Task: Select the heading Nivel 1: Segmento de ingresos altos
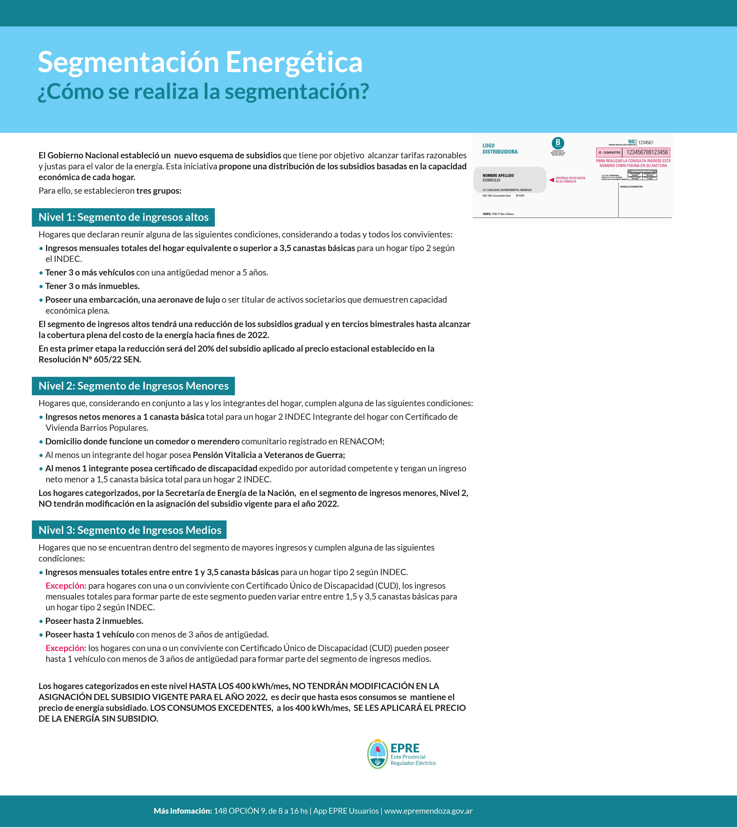[123, 218]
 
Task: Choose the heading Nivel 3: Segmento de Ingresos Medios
[130, 530]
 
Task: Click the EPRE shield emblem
[377, 754]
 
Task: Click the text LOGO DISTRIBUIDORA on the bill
[500, 149]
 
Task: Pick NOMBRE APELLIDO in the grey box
[498, 175]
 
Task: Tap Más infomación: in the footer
[183, 811]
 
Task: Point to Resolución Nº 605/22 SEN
[90, 360]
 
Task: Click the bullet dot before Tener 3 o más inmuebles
[41, 286]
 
